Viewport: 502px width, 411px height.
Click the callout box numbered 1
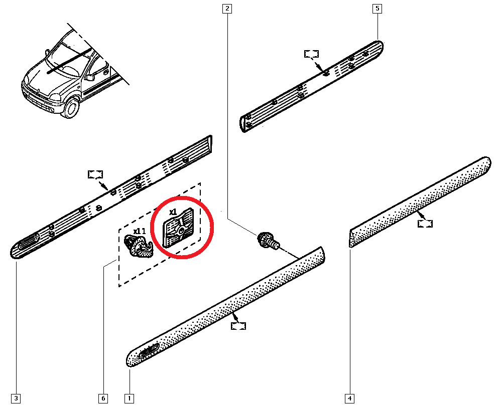pos(129,399)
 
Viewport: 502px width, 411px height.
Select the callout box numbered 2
pos(228,9)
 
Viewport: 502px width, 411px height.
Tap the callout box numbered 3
pos(16,399)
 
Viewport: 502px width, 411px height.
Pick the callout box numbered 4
pos(349,399)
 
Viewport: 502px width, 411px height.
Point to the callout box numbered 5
pos(376,9)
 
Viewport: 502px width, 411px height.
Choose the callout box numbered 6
pos(103,399)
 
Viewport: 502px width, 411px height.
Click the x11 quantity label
pos(139,231)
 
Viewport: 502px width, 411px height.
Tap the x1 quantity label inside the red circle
pos(173,212)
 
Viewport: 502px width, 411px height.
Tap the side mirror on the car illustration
pos(89,77)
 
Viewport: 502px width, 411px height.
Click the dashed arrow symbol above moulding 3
pos(95,174)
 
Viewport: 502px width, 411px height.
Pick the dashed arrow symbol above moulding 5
pos(312,54)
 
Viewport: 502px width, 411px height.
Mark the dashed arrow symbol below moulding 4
pos(425,224)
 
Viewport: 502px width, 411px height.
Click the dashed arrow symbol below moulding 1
pos(239,326)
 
